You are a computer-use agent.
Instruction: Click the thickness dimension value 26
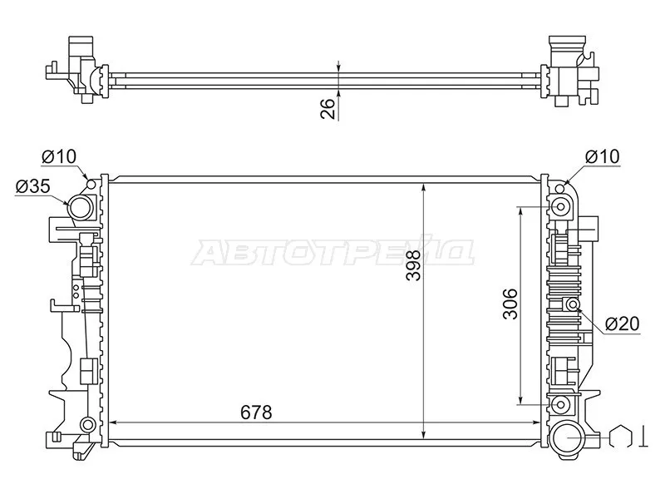(328, 108)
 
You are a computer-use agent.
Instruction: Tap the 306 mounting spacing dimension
(510, 304)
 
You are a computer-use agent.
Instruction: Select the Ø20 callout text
(622, 324)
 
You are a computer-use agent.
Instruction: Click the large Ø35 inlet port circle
(81, 207)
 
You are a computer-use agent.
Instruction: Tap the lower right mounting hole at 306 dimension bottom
(559, 406)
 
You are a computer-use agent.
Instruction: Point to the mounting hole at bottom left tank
(86, 425)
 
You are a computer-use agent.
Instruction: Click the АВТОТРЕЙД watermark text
(332, 252)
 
